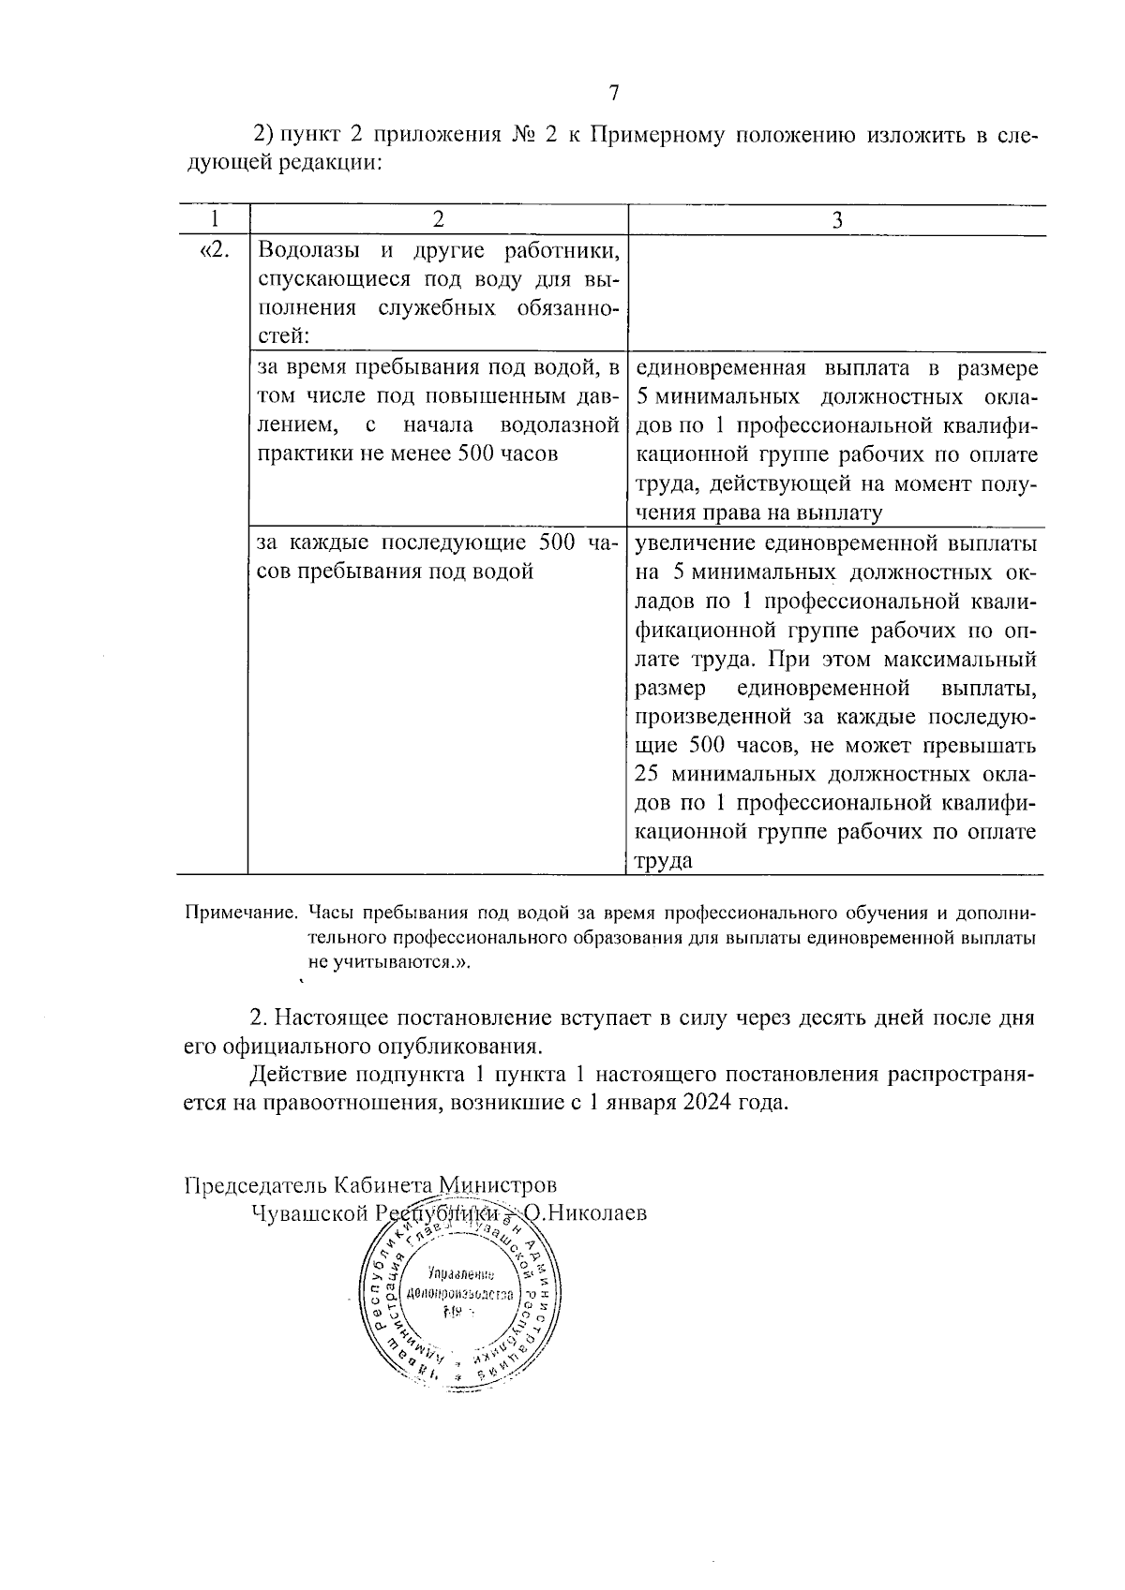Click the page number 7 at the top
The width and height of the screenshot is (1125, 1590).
point(613,93)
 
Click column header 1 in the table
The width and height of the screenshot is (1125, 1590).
point(215,219)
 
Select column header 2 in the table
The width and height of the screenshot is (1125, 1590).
point(437,219)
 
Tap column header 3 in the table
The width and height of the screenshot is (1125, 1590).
point(837,219)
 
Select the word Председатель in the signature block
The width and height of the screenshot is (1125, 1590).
point(255,1185)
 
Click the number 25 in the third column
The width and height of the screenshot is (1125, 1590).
point(647,775)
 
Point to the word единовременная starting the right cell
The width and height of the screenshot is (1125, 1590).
point(719,367)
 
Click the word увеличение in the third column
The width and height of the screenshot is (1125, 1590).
point(694,543)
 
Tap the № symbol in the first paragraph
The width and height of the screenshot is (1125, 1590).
point(522,134)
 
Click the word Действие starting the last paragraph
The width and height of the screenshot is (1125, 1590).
point(297,1074)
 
